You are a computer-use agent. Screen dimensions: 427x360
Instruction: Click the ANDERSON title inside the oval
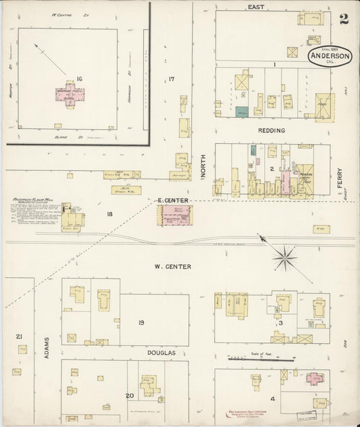[330, 57]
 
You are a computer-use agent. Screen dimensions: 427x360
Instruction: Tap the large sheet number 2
[344, 18]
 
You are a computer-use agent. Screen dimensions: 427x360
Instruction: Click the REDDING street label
[272, 130]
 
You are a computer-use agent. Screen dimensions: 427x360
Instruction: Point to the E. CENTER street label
[174, 201]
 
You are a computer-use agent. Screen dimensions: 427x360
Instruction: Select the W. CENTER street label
[172, 266]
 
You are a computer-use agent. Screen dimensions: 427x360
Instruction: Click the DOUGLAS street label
[161, 353]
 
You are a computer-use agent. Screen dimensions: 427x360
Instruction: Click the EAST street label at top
[255, 7]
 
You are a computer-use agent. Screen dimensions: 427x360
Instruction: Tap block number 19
[141, 322]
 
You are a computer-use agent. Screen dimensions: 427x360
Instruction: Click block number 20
[130, 396]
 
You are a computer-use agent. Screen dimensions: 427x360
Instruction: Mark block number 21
[19, 336]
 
